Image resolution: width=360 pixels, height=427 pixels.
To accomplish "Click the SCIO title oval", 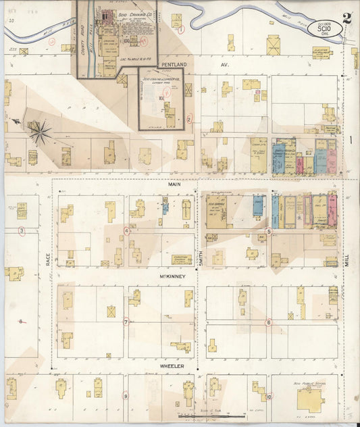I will click(322, 28).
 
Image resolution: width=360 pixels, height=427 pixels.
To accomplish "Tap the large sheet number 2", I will click(346, 18).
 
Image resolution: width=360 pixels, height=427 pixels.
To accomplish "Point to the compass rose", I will click(40, 130).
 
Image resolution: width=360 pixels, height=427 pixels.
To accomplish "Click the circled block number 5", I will click(268, 232).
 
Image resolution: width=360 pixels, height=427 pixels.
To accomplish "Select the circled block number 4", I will click(126, 230).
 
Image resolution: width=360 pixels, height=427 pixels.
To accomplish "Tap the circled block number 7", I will click(126, 322).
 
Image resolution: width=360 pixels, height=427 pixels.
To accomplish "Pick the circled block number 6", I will click(267, 322).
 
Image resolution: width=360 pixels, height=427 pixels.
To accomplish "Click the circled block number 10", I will click(268, 397).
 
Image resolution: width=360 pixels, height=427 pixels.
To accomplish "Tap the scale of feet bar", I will click(203, 416).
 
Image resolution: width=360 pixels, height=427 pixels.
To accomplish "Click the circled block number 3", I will click(22, 231).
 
